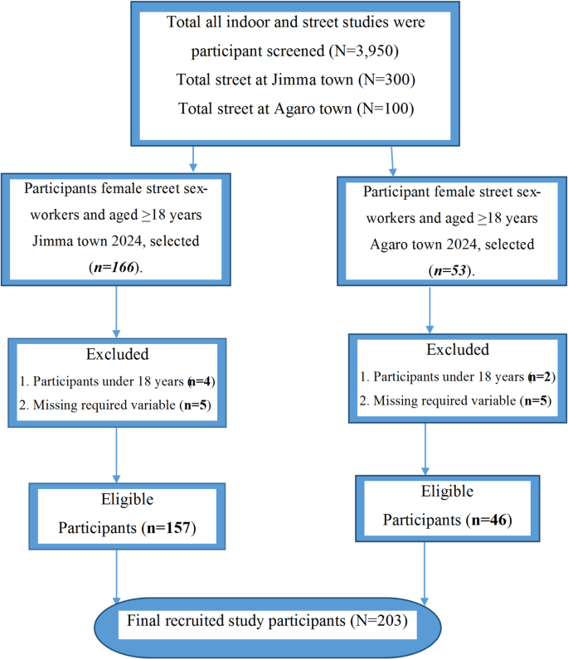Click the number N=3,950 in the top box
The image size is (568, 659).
tap(372, 51)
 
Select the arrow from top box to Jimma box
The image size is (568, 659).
tap(193, 157)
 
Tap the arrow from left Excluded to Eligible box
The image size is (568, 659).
tap(116, 453)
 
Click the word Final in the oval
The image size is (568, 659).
tap(148, 620)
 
